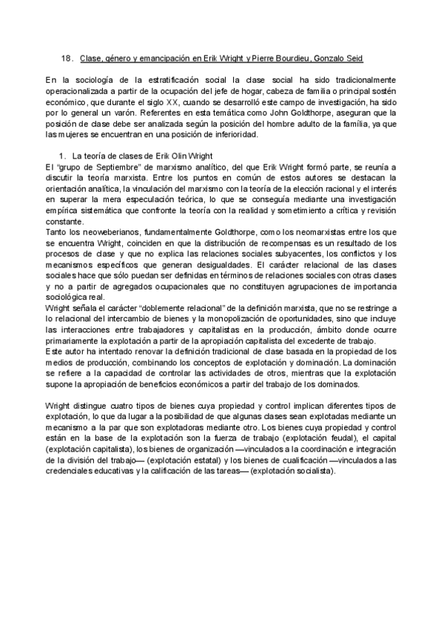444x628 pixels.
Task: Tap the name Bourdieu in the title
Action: [x=287, y=58]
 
